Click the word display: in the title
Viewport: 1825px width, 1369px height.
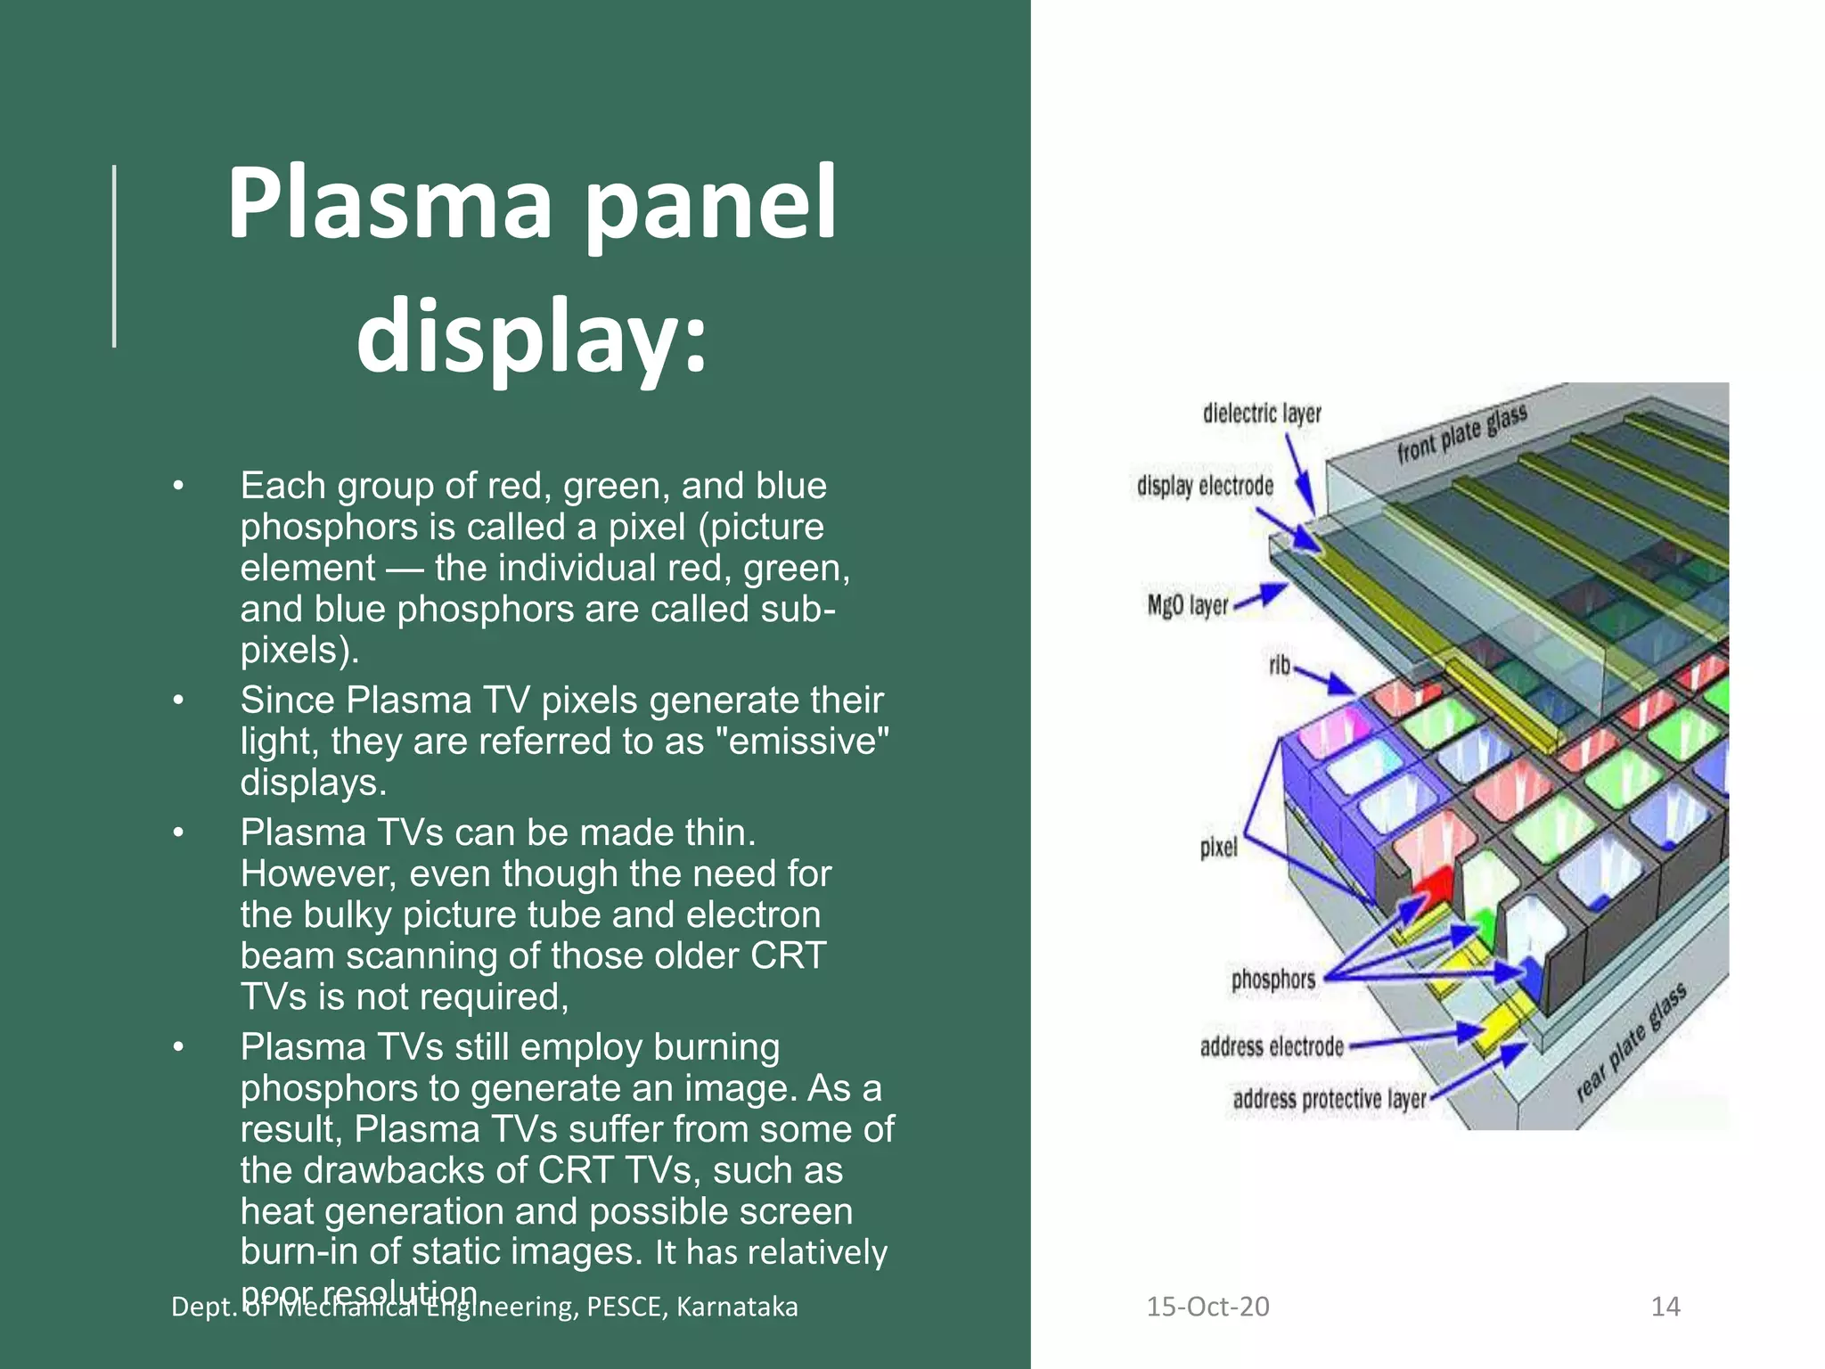(x=531, y=337)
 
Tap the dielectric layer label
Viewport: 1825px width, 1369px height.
(x=1261, y=414)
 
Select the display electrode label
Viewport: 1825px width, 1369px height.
(x=1205, y=486)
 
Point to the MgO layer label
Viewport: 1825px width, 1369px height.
(x=1187, y=605)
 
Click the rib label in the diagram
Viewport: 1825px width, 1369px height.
(x=1279, y=665)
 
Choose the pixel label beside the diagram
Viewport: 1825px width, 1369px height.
(x=1218, y=847)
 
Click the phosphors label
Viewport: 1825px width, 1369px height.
(x=1273, y=979)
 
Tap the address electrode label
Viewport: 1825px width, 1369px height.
(x=1271, y=1045)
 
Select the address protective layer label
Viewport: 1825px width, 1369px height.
(x=1329, y=1099)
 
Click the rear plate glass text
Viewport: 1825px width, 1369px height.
(x=1631, y=1043)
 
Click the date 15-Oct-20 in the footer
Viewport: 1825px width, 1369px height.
(x=1207, y=1307)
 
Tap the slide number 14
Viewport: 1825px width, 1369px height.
(x=1665, y=1307)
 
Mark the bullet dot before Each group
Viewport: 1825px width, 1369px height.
(x=178, y=487)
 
